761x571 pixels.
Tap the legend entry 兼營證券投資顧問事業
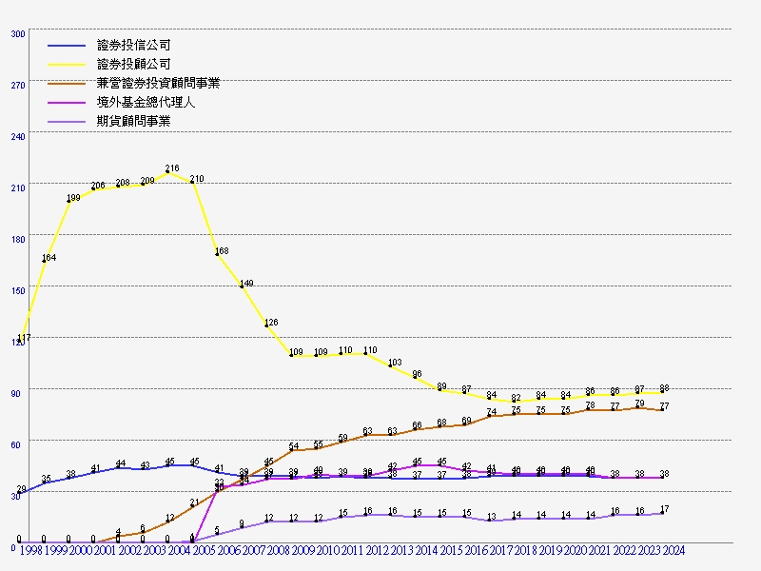point(158,84)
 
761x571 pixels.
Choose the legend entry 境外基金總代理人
point(146,103)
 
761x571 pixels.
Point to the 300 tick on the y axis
point(18,33)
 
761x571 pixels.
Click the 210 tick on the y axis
point(18,187)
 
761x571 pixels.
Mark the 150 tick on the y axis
point(18,290)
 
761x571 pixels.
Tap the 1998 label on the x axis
point(30,550)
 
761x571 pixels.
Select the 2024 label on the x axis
point(673,550)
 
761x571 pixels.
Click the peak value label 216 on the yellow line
point(172,168)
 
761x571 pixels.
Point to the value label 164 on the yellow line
point(49,258)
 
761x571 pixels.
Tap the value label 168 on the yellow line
point(222,251)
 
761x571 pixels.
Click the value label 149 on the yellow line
point(246,284)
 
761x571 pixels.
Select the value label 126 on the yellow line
point(271,323)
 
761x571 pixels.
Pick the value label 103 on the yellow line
point(396,363)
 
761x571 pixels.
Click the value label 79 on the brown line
point(639,404)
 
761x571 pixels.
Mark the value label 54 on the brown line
point(294,446)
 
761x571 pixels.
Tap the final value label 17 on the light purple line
point(664,509)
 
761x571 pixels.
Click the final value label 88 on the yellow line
point(664,388)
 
